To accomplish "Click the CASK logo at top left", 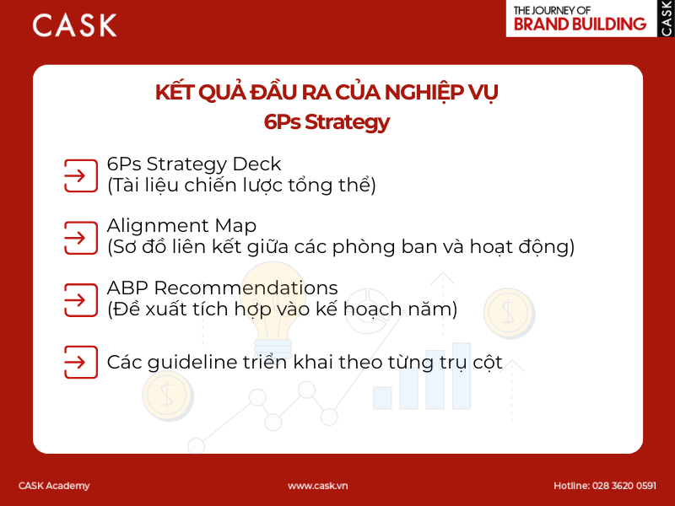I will [75, 24].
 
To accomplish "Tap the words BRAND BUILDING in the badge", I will [580, 24].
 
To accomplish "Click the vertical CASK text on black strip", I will [667, 18].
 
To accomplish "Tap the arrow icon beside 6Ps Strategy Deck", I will [76, 175].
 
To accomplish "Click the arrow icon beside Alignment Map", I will [76, 237].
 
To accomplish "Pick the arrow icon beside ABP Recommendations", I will [76, 299].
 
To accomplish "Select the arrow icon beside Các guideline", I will [76, 363].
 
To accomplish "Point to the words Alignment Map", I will [181, 226].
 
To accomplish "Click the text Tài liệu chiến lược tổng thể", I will [241, 186].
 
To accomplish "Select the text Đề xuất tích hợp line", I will [282, 310].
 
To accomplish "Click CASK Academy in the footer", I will [54, 486].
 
